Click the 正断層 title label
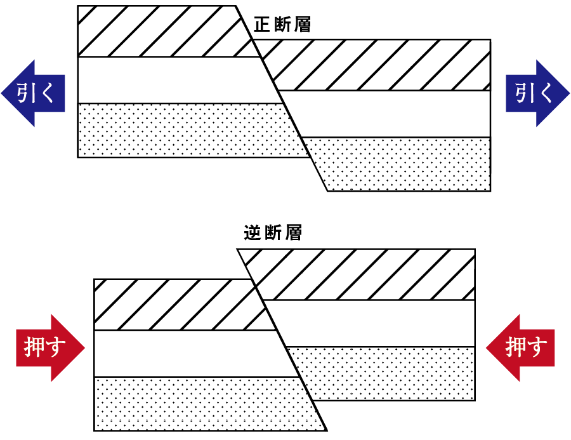[282, 25]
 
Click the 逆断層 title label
[273, 233]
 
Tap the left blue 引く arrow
[34, 93]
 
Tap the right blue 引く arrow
[537, 93]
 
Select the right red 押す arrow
[522, 348]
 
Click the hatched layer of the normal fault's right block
[381, 65]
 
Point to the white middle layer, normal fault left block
[171, 80]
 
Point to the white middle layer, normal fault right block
[387, 114]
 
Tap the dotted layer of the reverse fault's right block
[387, 373]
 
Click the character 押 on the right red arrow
[515, 348]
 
